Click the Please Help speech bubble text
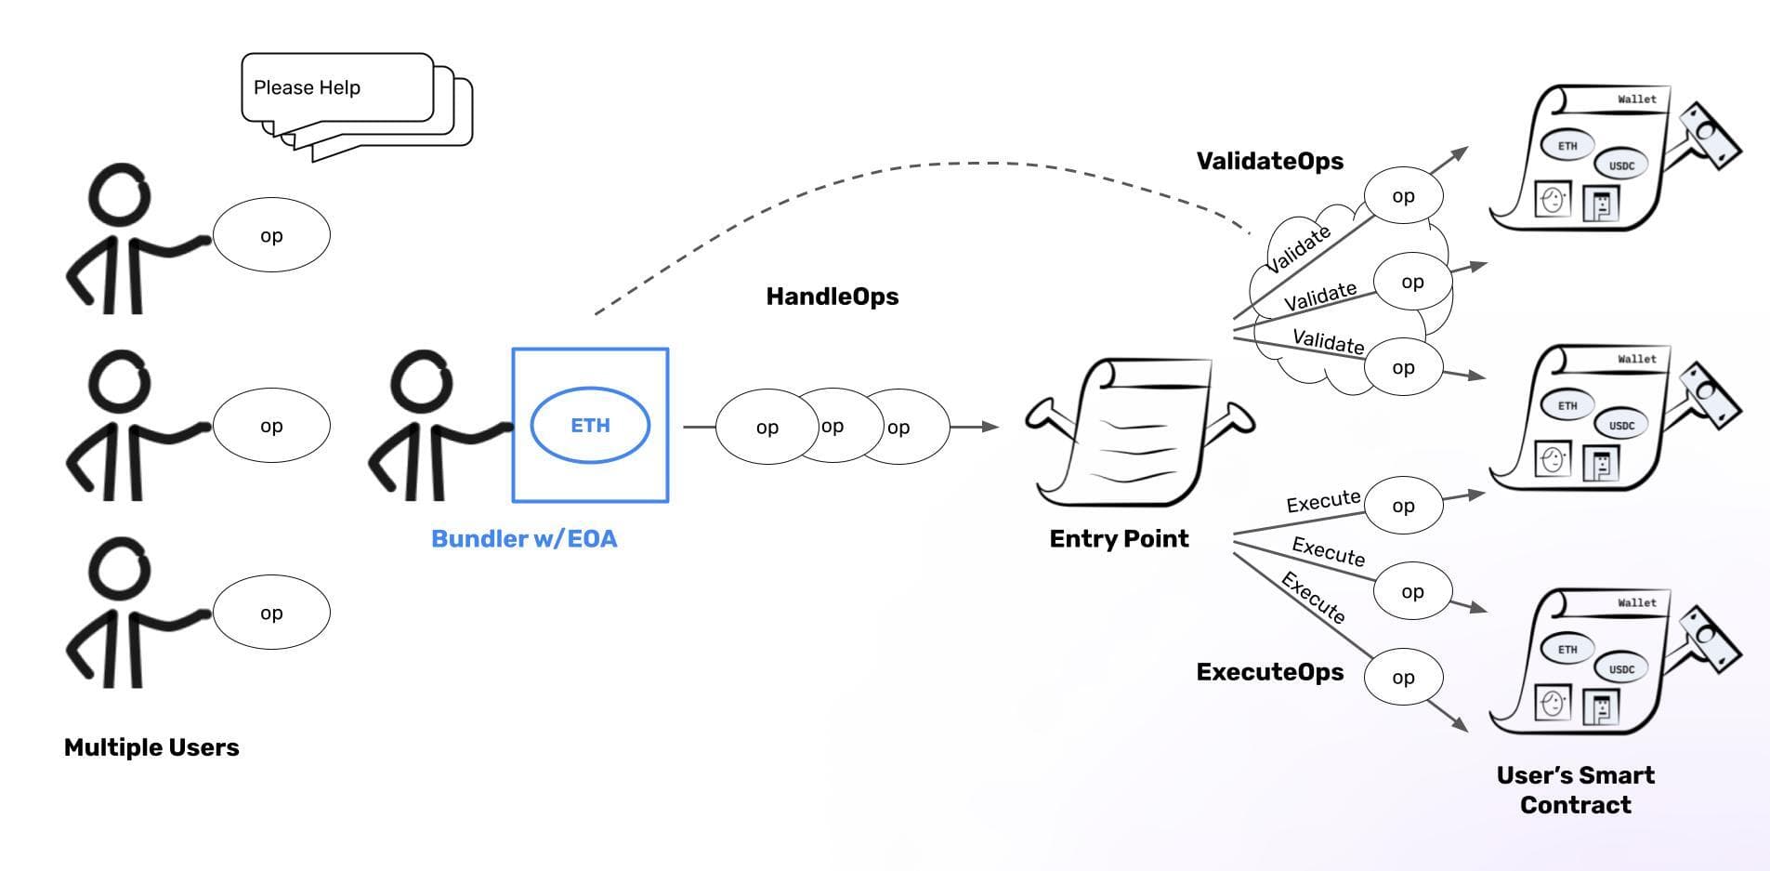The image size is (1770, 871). pos(307,87)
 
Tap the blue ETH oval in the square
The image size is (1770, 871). pos(590,425)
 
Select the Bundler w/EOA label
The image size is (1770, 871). pos(524,539)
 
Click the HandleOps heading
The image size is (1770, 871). pos(832,297)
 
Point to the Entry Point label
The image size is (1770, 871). pos(1119,539)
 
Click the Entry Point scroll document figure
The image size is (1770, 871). pos(1138,433)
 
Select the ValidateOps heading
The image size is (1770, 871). pos(1269,161)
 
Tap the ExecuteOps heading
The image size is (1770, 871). pos(1269,672)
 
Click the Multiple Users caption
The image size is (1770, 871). pos(151,747)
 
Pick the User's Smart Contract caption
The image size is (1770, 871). pos(1575,790)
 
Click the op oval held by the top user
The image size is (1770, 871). pos(271,235)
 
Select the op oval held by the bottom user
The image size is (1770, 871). pos(271,613)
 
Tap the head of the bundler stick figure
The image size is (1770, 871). pos(423,381)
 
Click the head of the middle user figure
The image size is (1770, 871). pos(119,381)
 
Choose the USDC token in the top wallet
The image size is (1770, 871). pos(1621,166)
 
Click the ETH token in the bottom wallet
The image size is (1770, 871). pos(1567,650)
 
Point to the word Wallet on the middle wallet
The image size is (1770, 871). pos(1636,359)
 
